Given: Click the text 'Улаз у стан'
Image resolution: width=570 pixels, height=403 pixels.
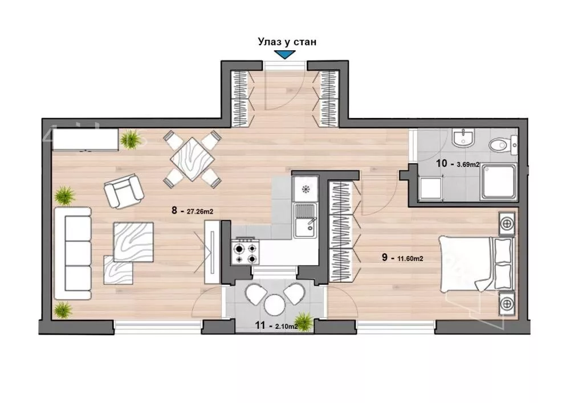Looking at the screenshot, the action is [287, 42].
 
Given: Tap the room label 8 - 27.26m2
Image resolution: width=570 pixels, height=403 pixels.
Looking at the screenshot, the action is [192, 211].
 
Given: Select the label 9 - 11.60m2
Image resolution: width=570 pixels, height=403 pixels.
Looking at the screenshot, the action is [402, 258].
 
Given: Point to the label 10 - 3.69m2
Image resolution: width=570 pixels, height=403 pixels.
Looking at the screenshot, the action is [458, 164].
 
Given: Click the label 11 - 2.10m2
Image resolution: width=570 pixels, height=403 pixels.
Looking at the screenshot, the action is [276, 325].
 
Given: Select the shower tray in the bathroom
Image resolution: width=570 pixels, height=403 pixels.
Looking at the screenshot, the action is [498, 181].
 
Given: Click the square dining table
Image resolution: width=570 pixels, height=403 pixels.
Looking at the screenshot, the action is [192, 159].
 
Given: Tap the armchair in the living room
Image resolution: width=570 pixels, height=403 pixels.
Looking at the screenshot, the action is [124, 190].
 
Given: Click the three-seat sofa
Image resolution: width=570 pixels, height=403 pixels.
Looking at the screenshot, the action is [73, 253].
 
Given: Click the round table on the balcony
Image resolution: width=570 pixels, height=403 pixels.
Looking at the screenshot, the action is [274, 304].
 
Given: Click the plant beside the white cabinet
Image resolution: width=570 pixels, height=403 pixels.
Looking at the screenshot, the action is [131, 139].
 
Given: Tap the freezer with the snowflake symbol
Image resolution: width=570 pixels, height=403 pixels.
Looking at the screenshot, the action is [306, 189].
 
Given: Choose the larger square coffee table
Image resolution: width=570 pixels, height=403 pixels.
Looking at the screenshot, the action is [133, 242].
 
